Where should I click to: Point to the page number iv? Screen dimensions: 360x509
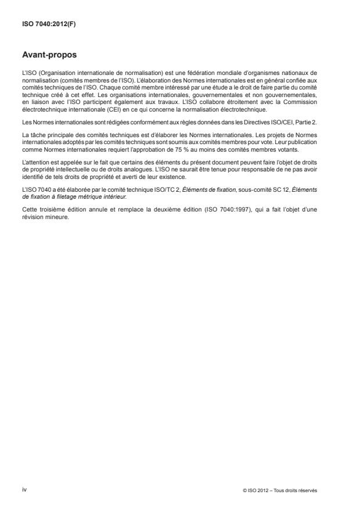coord(24,489)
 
